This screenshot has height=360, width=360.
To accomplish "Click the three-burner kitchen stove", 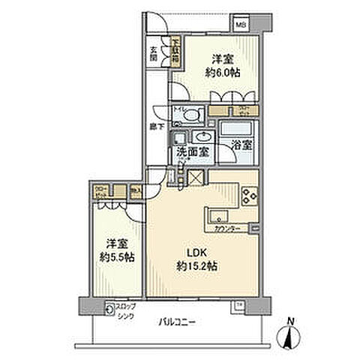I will pyautogui.click(x=249, y=199).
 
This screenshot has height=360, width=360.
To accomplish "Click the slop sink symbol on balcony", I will pyautogui.click(x=111, y=306).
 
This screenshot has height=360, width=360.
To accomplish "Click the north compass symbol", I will pyautogui.click(x=290, y=335).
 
